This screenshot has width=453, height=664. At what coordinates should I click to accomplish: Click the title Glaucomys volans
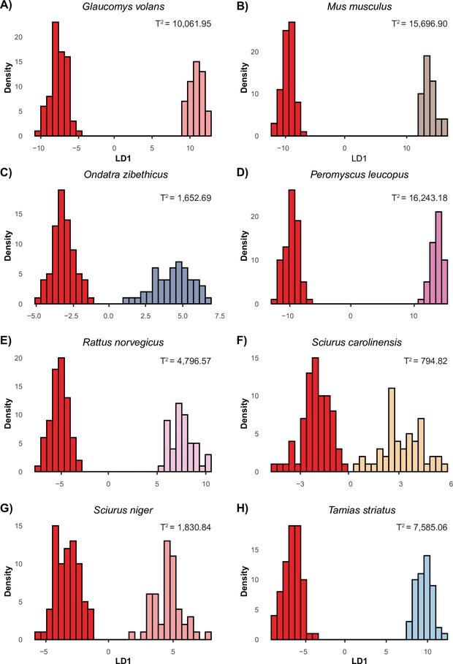pyautogui.click(x=121, y=8)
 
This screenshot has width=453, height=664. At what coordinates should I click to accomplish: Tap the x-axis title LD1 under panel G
pyautogui.click(x=121, y=657)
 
